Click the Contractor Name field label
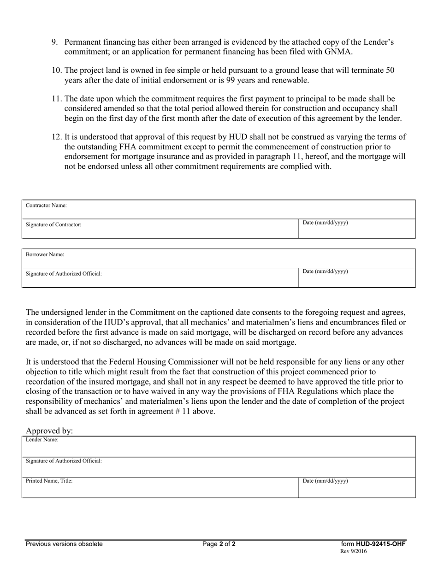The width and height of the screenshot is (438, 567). click(46, 206)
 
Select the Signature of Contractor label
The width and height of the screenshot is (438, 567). click(53, 224)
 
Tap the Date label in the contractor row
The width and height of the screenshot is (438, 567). click(325, 223)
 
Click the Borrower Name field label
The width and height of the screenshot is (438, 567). click(45, 254)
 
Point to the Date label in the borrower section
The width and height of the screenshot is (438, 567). click(325, 272)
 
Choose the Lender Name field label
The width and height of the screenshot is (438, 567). click(42, 440)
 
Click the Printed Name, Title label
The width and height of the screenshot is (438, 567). click(49, 481)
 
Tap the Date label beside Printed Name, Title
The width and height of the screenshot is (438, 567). click(325, 481)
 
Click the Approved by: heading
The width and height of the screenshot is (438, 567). click(49, 431)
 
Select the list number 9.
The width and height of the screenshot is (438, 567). click(55, 42)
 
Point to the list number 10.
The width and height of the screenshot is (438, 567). click(56, 71)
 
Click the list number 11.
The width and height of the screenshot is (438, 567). click(56, 99)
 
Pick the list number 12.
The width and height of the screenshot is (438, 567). click(56, 136)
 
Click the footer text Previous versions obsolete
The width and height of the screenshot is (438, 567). click(64, 544)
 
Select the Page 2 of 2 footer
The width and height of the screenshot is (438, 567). click(219, 544)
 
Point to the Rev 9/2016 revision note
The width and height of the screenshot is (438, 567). click(354, 551)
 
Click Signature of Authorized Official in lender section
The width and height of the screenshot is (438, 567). click(64, 461)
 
